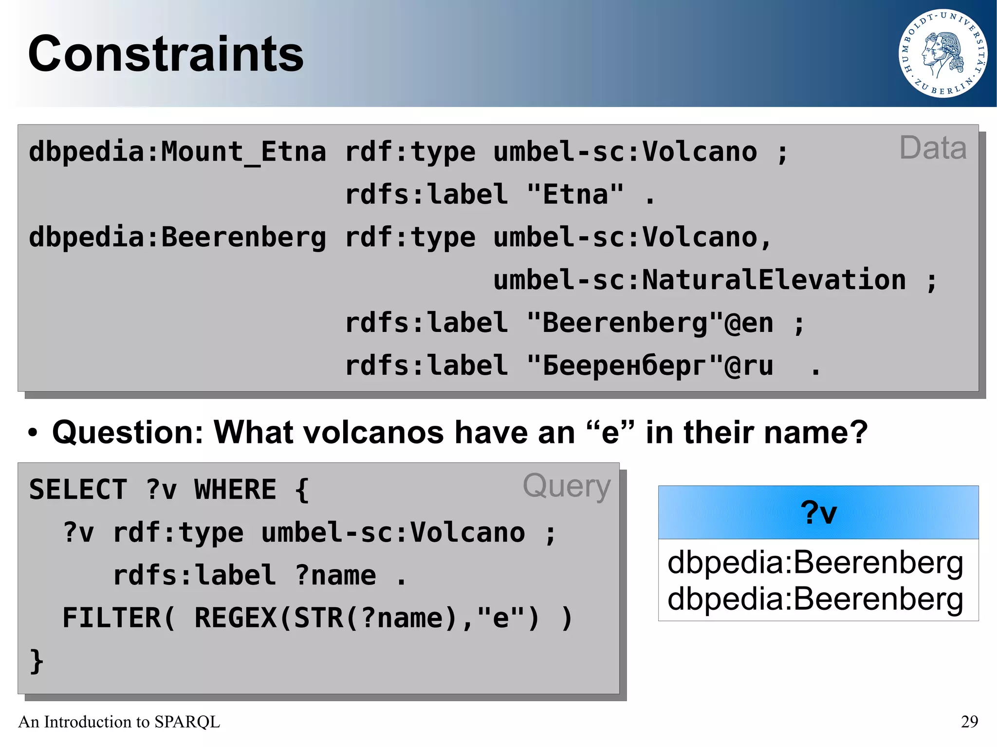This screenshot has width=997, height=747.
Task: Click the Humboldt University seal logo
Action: coord(942,54)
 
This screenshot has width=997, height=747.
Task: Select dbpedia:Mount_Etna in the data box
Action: coord(177,152)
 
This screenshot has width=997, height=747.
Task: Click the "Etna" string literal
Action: coord(575,195)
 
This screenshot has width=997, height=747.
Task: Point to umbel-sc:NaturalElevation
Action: coord(699,280)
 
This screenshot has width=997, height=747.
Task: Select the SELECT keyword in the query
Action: coord(78,490)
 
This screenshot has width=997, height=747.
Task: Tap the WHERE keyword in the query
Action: coord(235,490)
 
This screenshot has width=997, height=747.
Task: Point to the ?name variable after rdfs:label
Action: coord(335,576)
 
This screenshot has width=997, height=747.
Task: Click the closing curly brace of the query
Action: coord(37,661)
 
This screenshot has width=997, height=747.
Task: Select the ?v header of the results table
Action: coord(818,512)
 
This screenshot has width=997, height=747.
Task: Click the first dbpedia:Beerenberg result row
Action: coord(815,563)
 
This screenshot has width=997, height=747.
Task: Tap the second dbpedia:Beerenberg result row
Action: coord(815,599)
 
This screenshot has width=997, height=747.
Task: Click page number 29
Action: coord(969,721)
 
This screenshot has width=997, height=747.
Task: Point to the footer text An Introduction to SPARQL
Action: coord(119,721)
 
